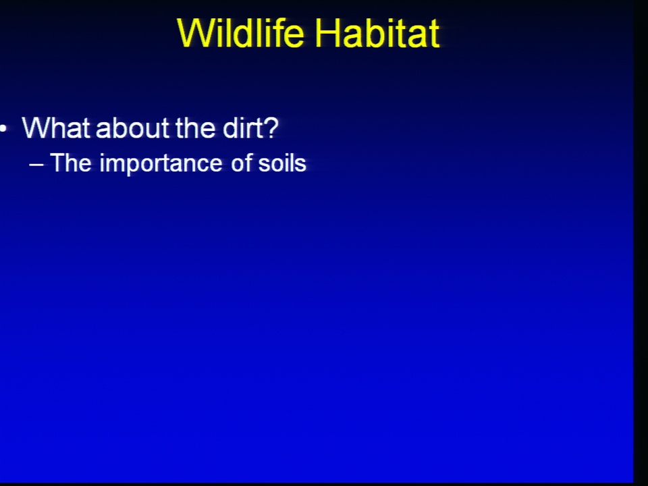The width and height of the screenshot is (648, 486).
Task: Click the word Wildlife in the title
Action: pos(240,33)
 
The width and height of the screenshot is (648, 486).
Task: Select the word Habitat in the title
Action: pos(377,33)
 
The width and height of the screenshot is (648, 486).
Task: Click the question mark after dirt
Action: pos(270,128)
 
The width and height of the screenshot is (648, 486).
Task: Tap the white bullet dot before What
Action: pos(3,129)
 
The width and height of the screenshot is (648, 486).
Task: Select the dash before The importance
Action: pos(36,165)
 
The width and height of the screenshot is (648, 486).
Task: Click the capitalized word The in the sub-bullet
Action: pos(71,163)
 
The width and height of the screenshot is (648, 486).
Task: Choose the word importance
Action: pos(161,164)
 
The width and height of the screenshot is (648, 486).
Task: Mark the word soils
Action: pos(282,163)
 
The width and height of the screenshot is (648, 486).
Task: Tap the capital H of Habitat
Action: pos(327,33)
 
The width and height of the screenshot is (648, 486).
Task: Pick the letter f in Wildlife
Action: pos(275,32)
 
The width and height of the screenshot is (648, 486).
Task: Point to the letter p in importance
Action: pos(128,166)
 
